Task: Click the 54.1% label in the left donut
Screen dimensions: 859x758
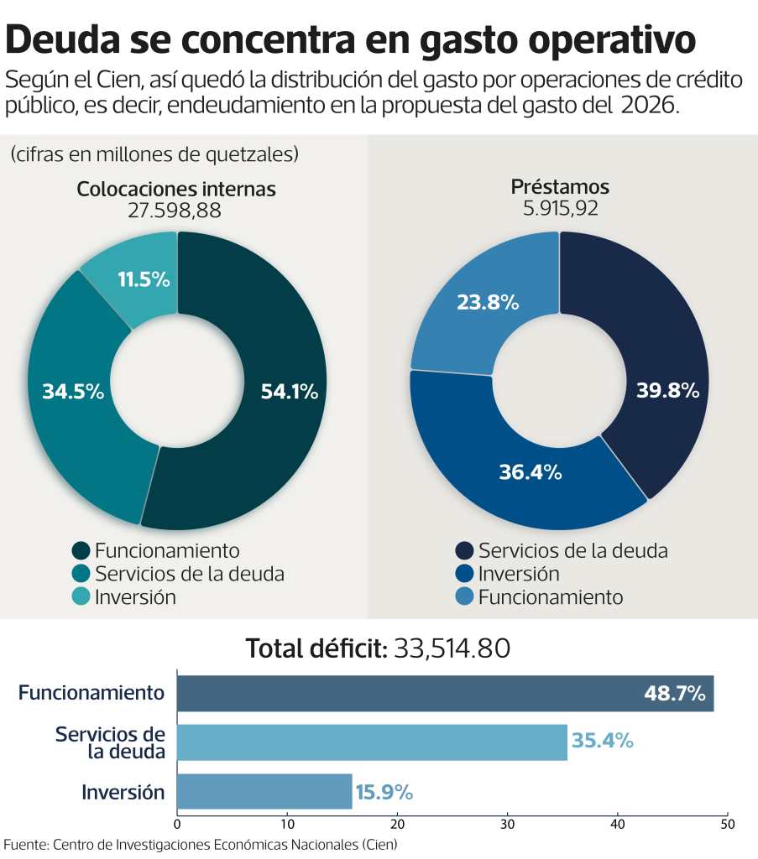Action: point(290,391)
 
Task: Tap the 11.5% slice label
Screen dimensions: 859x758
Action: point(144,280)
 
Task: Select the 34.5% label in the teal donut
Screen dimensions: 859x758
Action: point(72,391)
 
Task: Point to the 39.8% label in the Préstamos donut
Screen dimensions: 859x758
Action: point(667,391)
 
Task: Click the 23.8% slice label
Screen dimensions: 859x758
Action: point(488,302)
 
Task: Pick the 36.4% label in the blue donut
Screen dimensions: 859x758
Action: point(530,472)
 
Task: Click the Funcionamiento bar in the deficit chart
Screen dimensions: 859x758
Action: point(445,694)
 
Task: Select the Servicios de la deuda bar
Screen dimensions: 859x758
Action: point(372,742)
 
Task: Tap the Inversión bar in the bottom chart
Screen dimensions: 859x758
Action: point(264,791)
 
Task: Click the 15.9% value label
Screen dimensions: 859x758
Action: point(384,792)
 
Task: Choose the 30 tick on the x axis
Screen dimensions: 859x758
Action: point(508,823)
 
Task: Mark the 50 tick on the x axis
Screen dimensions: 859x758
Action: point(728,823)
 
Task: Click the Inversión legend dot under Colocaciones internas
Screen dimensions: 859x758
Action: point(81,597)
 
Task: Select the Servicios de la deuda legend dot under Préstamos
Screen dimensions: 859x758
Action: point(464,551)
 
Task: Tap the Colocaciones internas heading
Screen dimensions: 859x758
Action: point(176,189)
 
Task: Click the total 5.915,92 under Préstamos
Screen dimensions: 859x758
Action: point(561,208)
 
